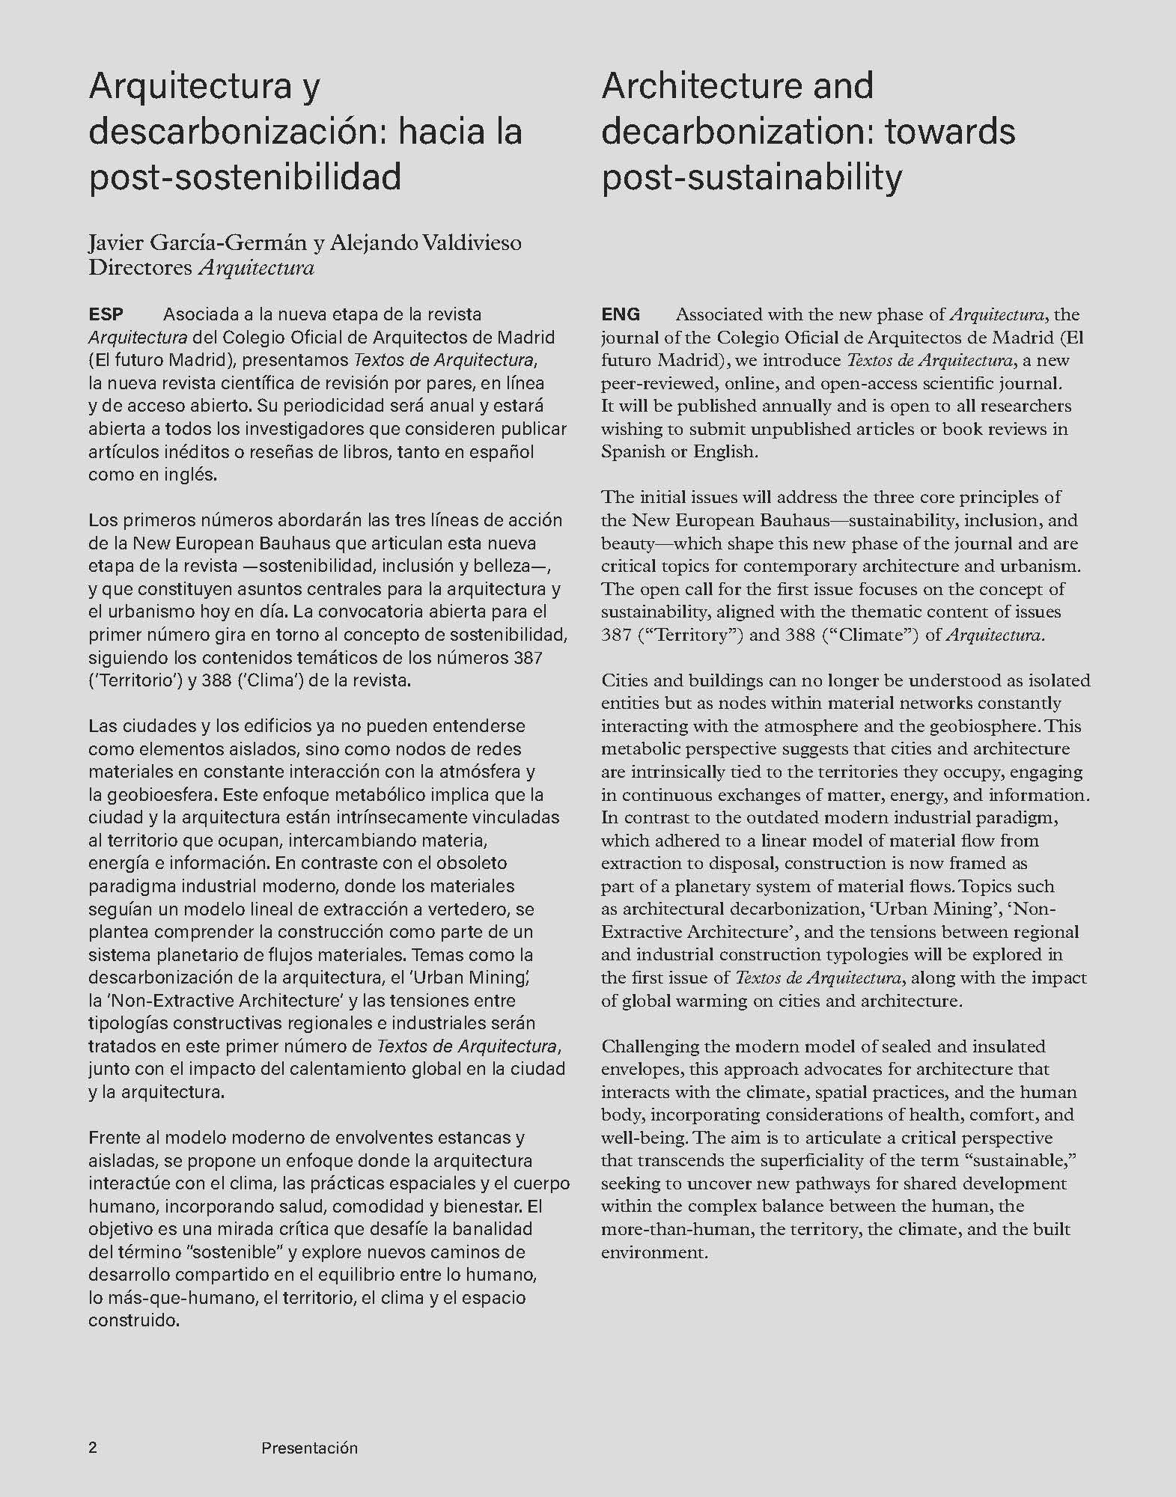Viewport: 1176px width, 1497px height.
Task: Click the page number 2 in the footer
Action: click(x=93, y=1448)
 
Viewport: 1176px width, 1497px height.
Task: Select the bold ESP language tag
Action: click(x=106, y=314)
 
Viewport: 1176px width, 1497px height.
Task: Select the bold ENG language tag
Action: click(x=621, y=314)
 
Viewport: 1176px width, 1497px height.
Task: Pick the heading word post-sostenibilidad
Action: click(x=245, y=177)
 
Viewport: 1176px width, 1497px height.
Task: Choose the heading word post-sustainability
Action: click(x=752, y=177)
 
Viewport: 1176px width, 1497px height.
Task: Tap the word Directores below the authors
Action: click(x=140, y=267)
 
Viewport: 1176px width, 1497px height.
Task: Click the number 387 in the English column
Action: click(x=616, y=635)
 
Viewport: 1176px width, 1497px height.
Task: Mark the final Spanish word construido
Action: click(x=134, y=1320)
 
